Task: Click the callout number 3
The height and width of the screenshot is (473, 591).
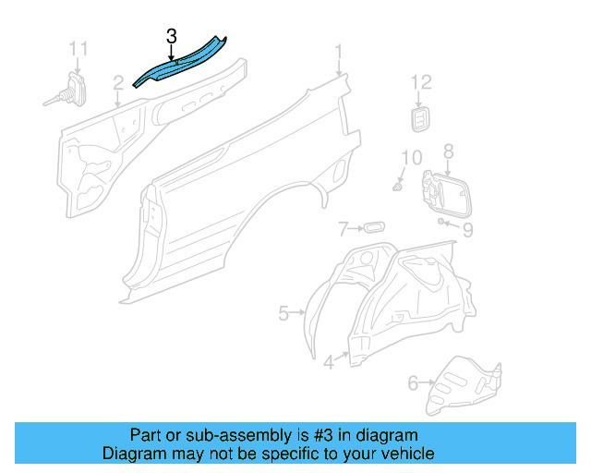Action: click(x=172, y=37)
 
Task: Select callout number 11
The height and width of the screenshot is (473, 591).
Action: click(x=79, y=48)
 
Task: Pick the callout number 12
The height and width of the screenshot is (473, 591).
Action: click(x=420, y=84)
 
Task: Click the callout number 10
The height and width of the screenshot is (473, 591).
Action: click(x=411, y=157)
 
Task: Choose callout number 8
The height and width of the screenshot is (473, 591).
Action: click(x=448, y=151)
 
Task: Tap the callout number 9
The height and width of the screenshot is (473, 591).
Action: click(x=467, y=229)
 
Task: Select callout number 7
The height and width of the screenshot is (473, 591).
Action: click(x=343, y=228)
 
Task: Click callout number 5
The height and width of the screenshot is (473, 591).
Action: click(x=283, y=314)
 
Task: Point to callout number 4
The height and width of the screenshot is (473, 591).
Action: click(x=329, y=363)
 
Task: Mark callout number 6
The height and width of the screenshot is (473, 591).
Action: click(x=413, y=381)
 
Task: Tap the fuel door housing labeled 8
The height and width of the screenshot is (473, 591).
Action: click(x=443, y=192)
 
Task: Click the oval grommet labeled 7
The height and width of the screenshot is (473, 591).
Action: click(x=373, y=227)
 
